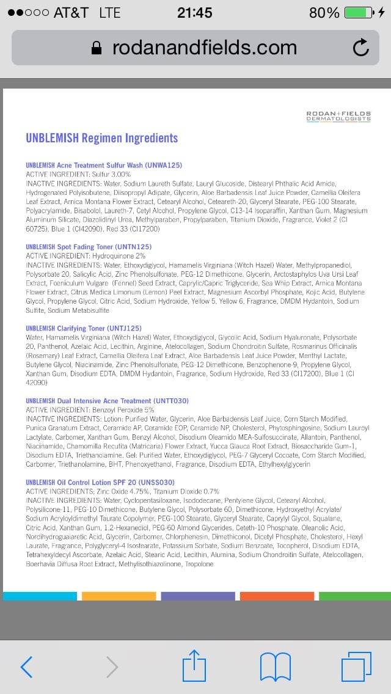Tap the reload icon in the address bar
pos(361,48)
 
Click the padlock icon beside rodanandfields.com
pos(96,48)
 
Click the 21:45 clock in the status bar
pos(195,12)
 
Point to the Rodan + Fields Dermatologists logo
pos(338,115)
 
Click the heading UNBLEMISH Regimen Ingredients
pos(101,138)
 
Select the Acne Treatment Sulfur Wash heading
pos(104,166)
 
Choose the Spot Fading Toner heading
pos(89,247)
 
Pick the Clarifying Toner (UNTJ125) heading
pos(84,328)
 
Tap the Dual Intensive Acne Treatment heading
pos(107,401)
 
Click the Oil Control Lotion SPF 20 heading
pos(100,482)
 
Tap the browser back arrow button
pos(26,667)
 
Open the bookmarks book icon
pos(275,667)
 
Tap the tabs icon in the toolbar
pos(356,667)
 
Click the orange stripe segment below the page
pos(277,596)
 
